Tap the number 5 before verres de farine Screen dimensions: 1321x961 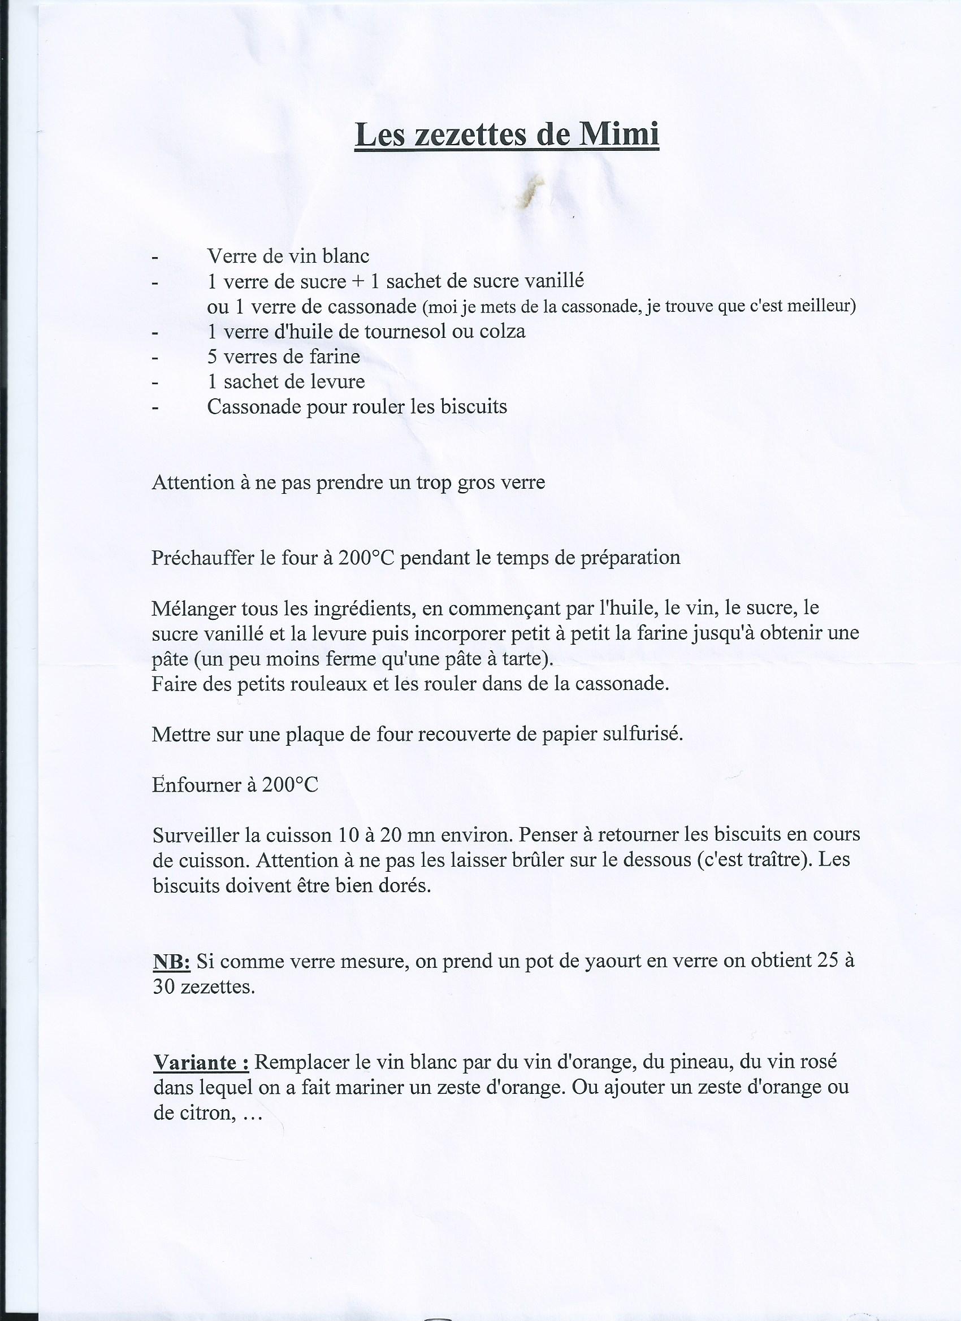212,357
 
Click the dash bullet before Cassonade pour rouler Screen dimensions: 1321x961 155,408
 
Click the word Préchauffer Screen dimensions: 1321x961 202,558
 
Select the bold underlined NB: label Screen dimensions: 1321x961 171,962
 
